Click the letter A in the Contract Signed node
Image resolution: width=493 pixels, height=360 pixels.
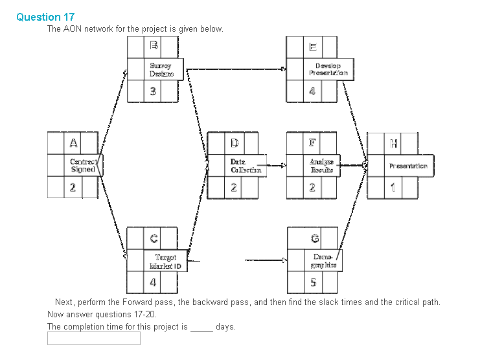tap(73, 142)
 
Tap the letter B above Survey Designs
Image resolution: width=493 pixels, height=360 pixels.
tap(154, 46)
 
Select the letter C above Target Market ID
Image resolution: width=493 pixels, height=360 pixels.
tap(154, 238)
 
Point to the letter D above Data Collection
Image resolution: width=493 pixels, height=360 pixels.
tap(235, 142)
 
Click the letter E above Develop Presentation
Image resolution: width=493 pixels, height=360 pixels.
tap(313, 47)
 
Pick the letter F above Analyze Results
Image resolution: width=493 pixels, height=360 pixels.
tap(313, 142)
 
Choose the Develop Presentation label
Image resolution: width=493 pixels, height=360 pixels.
tap(331, 69)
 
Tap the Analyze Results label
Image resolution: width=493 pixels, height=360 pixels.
tap(321, 165)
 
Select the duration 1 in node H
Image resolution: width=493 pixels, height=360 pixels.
tap(393, 188)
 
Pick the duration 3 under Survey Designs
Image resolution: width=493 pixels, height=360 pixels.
tap(154, 92)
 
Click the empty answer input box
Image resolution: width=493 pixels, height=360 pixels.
tap(93, 338)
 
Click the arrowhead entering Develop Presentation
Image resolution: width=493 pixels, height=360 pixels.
tap(283, 68)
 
